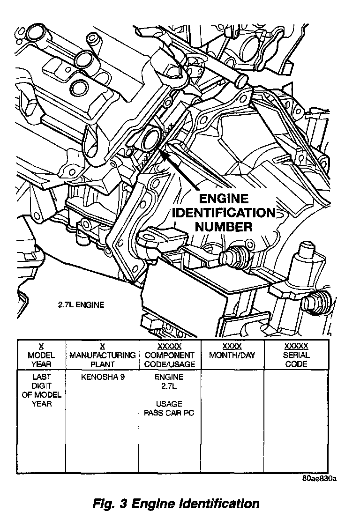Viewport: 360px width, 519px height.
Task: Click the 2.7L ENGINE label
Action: point(81,305)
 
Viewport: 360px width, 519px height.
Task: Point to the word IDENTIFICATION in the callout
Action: point(224,213)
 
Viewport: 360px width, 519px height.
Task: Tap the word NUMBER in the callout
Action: point(224,227)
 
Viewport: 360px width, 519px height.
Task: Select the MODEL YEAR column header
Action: point(41,360)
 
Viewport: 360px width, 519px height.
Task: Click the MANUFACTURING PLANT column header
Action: point(102,360)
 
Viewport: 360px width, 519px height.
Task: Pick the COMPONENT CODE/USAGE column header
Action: point(170,360)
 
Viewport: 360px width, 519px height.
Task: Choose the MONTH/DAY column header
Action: point(232,355)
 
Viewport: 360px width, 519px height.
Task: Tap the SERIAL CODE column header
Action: point(296,360)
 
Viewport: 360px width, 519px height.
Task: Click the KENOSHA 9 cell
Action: point(102,377)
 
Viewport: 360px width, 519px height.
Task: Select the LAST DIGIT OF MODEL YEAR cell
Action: point(41,390)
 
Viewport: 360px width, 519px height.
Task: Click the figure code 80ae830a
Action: point(320,479)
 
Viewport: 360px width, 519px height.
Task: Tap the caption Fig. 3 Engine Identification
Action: point(176,504)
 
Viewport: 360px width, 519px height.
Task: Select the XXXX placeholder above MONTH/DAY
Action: point(232,346)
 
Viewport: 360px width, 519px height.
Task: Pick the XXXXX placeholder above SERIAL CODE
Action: point(296,346)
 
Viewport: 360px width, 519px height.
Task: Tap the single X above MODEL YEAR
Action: point(41,346)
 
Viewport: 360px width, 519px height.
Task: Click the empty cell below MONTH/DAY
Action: point(232,422)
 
